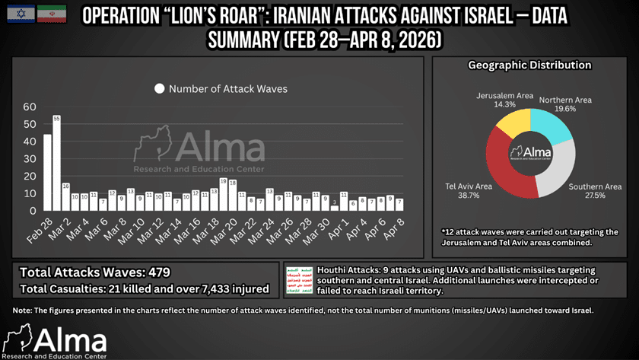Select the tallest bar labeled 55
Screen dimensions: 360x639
(57, 164)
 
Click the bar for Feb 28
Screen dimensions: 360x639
(47, 173)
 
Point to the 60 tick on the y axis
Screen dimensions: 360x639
(30, 107)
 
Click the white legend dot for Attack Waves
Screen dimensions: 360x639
(159, 89)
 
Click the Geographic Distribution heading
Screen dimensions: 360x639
(529, 65)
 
